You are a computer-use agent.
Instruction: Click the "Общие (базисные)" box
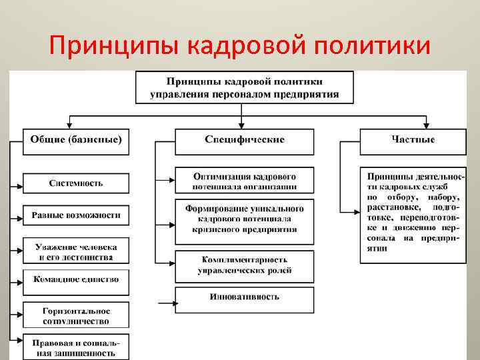point(75,139)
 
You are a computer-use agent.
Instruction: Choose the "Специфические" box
point(244,139)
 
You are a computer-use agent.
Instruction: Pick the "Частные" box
point(413,139)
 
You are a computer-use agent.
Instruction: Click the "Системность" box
point(75,182)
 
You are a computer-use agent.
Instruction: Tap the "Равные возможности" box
point(75,215)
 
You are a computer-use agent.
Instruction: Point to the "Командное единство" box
point(75,280)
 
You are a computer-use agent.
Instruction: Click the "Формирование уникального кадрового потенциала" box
point(244,219)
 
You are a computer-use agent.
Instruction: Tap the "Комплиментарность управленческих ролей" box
point(244,265)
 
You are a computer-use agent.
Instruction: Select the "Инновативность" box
point(244,297)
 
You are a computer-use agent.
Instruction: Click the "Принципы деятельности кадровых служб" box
point(413,213)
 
